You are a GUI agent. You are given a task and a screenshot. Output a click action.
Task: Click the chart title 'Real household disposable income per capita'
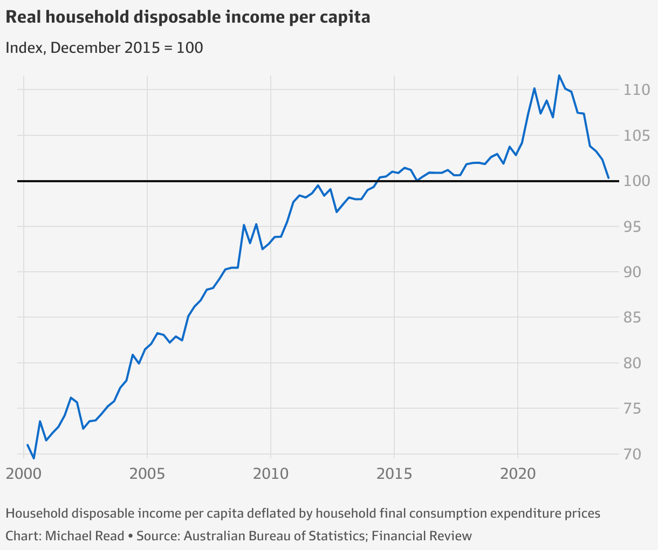click(x=188, y=17)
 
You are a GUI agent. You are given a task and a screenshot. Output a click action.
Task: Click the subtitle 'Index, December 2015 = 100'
click(x=104, y=47)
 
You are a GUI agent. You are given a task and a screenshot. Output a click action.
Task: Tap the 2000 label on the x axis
click(x=24, y=474)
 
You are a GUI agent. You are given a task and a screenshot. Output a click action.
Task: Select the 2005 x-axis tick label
click(x=147, y=474)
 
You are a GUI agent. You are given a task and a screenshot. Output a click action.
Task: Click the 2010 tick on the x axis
click(x=271, y=474)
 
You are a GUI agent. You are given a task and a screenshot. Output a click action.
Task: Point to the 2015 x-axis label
click(x=394, y=474)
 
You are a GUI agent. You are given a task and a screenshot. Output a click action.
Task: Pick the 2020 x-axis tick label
click(x=518, y=474)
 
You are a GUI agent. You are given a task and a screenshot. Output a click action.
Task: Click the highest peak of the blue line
click(x=559, y=75)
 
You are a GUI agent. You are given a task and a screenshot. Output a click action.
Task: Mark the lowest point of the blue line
click(x=34, y=458)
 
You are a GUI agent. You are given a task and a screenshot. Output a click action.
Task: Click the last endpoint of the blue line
click(x=608, y=178)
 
